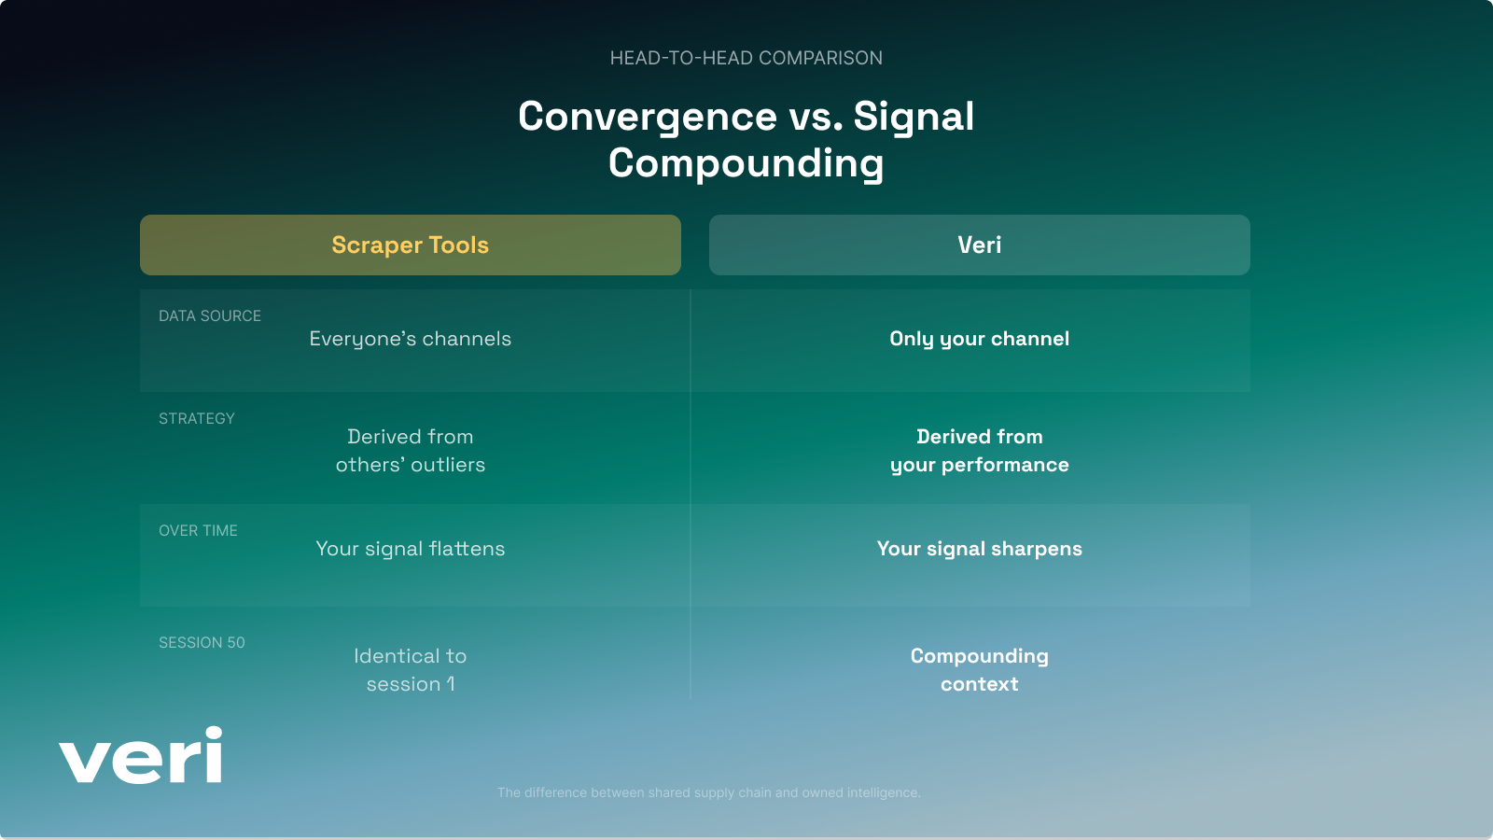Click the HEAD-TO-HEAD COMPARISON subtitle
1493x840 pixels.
(746, 58)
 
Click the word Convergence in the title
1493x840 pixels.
(647, 117)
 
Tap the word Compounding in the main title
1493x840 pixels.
(746, 163)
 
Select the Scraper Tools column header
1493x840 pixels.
(411, 245)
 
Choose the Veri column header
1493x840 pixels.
(979, 245)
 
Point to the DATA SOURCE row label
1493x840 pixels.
(210, 316)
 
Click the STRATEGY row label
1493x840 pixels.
(197, 419)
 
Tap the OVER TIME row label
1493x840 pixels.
(198, 531)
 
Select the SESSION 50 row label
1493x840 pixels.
(202, 643)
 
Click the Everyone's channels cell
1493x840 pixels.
(411, 339)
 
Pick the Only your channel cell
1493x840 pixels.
(979, 339)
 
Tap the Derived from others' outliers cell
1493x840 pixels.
(411, 451)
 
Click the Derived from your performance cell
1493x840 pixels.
(979, 451)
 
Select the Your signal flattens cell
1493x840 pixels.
(411, 549)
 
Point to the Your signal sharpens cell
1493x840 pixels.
(979, 549)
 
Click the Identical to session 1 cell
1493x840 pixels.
(411, 670)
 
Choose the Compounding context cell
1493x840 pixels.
(979, 670)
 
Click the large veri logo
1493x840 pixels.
(141, 757)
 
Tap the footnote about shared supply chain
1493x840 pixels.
(708, 792)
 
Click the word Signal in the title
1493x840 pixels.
(914, 117)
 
